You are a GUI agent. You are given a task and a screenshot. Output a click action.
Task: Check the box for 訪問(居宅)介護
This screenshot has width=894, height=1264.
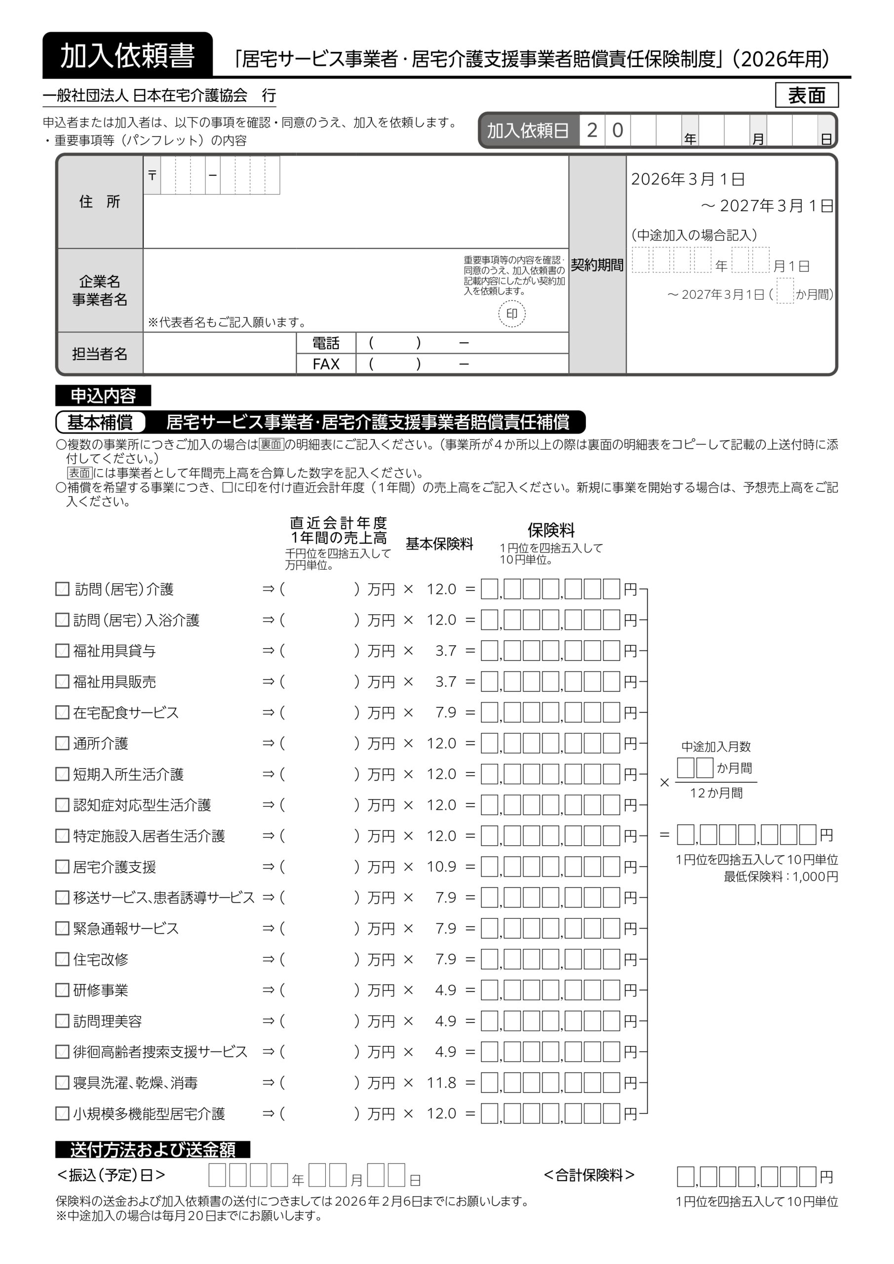(62, 589)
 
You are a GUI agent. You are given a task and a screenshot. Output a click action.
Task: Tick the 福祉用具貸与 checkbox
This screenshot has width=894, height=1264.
(62, 651)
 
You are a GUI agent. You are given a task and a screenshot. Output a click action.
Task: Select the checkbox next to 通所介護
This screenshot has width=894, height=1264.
(62, 743)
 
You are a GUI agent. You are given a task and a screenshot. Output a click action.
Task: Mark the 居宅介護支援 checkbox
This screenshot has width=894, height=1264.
(62, 867)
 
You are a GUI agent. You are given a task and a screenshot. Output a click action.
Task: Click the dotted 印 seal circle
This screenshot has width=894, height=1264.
(512, 314)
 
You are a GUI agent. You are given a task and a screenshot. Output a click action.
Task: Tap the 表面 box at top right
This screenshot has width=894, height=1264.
(807, 95)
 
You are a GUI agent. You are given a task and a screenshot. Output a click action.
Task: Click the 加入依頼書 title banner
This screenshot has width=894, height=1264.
(127, 56)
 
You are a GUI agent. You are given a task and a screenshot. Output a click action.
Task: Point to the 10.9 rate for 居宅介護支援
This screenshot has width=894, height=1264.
(441, 867)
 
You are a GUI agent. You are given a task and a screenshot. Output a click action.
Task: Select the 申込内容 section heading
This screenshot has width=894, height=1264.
(103, 395)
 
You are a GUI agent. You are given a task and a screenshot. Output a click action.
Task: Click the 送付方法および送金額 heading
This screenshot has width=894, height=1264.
(153, 1149)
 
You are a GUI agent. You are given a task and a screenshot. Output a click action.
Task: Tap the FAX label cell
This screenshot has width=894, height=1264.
(326, 364)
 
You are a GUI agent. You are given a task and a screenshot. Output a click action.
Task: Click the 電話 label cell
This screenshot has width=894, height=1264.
(326, 343)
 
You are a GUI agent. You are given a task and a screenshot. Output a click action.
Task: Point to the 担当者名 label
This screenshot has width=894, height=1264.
(100, 354)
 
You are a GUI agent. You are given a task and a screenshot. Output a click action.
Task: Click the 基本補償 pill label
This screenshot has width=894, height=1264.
(100, 422)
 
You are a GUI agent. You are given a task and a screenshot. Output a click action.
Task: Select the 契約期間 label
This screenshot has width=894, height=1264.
(597, 265)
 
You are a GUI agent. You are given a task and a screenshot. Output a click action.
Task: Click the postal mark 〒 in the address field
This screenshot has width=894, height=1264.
(153, 176)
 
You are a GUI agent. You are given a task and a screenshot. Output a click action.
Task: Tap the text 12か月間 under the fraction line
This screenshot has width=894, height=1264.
(716, 793)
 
